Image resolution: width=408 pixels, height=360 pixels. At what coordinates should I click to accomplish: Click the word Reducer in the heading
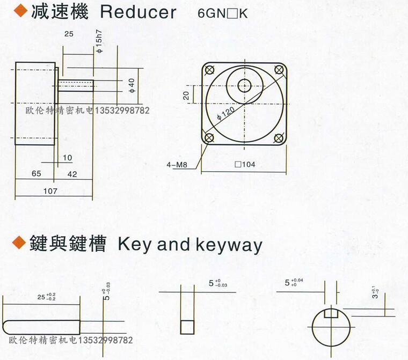138,12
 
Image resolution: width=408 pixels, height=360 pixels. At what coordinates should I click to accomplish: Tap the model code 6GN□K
222,13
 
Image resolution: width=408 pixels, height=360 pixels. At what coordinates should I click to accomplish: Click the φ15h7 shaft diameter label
99,41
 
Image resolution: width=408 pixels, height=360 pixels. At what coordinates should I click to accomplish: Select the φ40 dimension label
132,86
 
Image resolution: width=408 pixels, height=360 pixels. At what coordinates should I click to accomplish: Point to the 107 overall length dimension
50,191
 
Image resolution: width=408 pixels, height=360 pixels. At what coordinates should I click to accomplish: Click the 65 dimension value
37,173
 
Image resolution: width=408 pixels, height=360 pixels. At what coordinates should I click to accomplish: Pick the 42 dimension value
72,174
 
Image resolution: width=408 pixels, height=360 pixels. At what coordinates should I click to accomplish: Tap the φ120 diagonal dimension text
226,113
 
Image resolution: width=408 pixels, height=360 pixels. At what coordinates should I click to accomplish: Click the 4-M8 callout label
177,165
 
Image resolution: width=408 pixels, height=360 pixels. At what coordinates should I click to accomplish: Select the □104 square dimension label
245,164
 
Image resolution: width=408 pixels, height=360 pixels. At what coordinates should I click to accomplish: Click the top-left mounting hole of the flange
209,70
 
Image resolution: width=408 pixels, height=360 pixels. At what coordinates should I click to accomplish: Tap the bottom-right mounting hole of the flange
279,138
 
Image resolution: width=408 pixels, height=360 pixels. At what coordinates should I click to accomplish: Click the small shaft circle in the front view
245,86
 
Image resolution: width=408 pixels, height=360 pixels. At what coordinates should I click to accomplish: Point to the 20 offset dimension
186,95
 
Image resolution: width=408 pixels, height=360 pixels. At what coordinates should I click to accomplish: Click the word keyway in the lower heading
229,245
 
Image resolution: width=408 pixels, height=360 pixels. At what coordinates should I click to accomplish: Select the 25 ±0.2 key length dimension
47,297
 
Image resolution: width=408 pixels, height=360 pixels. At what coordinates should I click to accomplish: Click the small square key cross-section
187,327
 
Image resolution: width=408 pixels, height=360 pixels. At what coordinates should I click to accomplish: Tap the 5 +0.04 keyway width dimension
294,283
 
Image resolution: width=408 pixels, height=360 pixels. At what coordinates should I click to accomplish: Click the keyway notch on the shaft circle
331,313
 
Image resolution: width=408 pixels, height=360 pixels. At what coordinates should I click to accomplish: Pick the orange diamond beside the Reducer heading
20,11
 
